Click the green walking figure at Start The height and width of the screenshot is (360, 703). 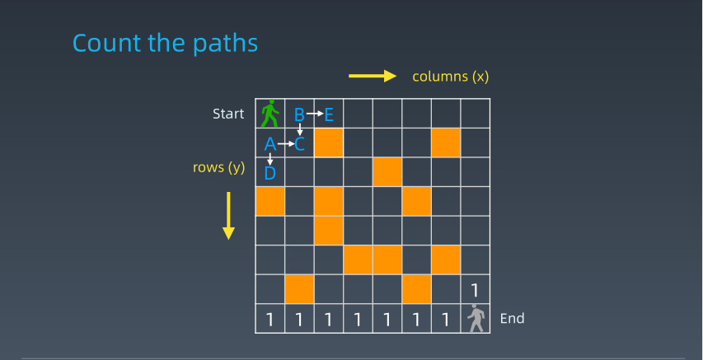coord(269,114)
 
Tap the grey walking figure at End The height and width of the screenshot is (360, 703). coord(476,318)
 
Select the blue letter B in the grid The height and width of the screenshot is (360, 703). coord(299,115)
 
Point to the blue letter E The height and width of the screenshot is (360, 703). coord(329,115)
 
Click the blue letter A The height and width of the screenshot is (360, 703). coord(269,144)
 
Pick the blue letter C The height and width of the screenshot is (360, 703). coord(299,144)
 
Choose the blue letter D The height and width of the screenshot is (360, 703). coord(269,173)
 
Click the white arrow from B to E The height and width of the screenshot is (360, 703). coord(315,114)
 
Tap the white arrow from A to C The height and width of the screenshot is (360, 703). coord(286,144)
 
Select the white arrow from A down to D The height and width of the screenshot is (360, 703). coord(269,159)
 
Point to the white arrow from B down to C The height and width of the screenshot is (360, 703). coord(299,129)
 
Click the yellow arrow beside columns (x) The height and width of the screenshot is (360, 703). coord(373,77)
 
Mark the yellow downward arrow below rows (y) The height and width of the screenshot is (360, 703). coord(228,216)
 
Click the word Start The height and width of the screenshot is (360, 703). coord(228,114)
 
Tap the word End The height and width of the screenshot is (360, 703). coord(512,318)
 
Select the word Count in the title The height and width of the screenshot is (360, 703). coord(106,44)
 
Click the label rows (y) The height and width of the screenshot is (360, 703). coord(218,167)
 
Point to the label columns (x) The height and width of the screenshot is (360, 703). coord(451,77)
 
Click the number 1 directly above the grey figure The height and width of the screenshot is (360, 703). coord(476,291)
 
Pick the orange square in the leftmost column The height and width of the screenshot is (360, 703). coord(269,201)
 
